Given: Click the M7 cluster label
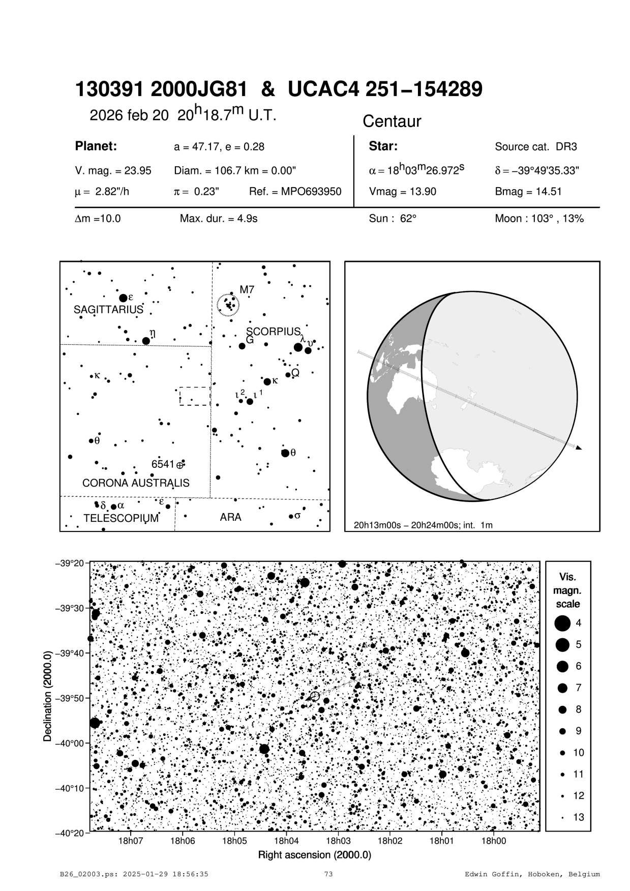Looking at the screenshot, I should [x=247, y=290].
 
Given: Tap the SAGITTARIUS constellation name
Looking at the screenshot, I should [x=108, y=310].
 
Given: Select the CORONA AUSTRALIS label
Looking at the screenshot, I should [x=136, y=483].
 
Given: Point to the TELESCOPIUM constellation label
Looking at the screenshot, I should [x=121, y=518].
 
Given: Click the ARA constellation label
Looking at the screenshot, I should [x=230, y=517].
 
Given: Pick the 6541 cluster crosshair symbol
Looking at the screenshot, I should [x=180, y=464].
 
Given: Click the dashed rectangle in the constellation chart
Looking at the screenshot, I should [x=195, y=396].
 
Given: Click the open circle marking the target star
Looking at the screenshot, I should [x=315, y=696].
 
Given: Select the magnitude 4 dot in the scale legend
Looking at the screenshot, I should [x=562, y=622].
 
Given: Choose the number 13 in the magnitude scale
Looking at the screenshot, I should [x=579, y=817].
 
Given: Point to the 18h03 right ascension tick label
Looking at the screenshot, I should [x=338, y=841].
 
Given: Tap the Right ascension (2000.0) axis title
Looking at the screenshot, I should [x=315, y=854].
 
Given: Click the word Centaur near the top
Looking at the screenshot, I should [x=392, y=122].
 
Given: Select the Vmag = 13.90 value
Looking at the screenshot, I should [x=402, y=192].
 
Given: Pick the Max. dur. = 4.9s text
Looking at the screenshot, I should [x=219, y=219].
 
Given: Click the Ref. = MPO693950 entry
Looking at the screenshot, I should [x=295, y=192].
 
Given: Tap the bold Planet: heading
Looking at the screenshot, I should [x=96, y=146].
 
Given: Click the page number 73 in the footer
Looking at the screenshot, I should [x=328, y=874].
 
